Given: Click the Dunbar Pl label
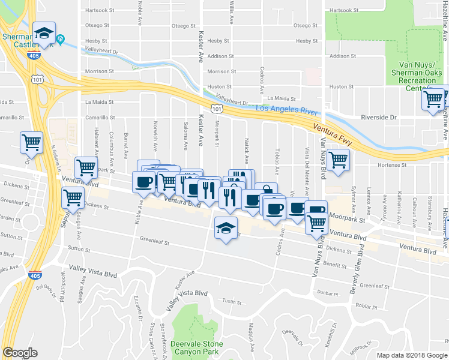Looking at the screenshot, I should [328, 294].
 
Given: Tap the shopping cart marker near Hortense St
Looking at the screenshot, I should [339, 160].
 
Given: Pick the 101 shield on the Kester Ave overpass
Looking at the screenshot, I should [216, 108].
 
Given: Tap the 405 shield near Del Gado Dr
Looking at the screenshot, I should [34, 275].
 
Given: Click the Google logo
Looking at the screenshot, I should [20, 353].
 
